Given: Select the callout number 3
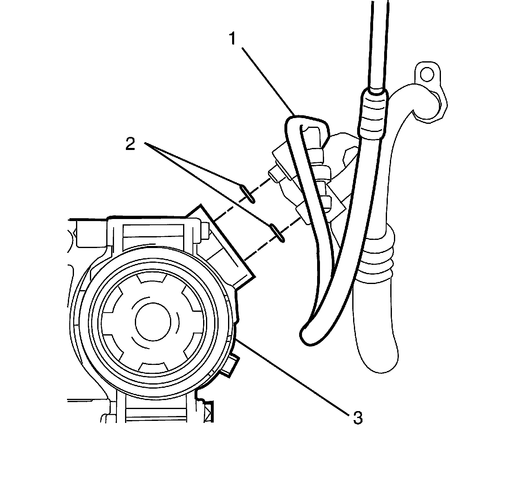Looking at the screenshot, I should point(358,418).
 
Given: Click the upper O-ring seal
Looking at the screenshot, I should point(248,193).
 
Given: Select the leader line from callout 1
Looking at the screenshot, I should point(268,80).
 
